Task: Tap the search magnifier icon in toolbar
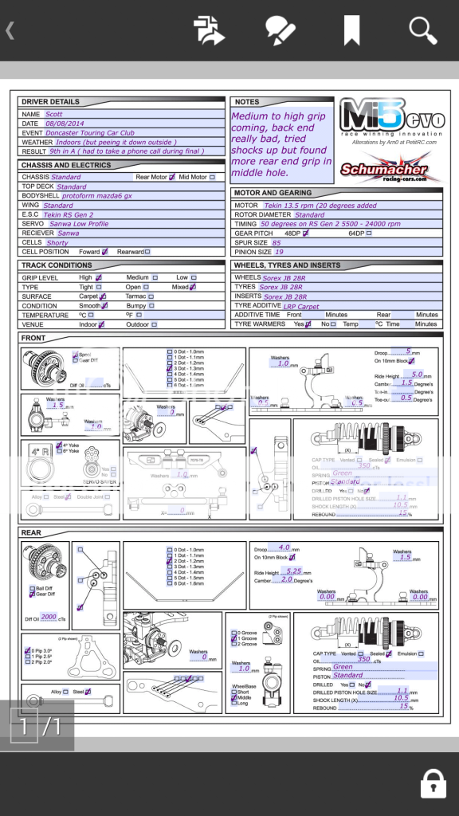click(423, 30)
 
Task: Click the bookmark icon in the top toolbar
click(351, 30)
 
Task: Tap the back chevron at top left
click(10, 31)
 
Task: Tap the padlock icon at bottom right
click(433, 783)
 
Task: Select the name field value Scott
click(54, 114)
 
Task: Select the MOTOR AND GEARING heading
click(273, 193)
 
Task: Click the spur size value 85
click(277, 242)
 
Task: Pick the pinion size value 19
click(279, 252)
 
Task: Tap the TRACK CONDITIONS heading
click(57, 265)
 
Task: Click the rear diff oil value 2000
click(49, 617)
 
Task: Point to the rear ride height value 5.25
click(293, 571)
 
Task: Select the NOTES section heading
click(247, 102)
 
